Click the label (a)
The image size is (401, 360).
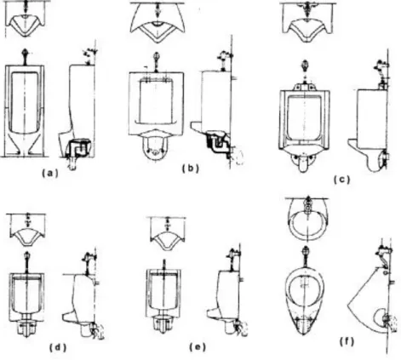tap(50, 173)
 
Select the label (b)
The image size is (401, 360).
tap(191, 169)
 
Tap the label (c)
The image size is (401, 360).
tap(341, 180)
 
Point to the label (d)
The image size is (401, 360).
tap(58, 347)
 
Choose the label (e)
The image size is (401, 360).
tap(198, 346)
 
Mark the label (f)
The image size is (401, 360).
tap(347, 342)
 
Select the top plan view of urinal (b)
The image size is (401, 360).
tap(158, 23)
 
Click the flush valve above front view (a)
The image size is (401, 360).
tap(26, 56)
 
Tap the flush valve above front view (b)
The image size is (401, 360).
tap(156, 61)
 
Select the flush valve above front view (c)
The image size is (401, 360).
tap(305, 67)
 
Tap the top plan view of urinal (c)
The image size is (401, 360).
tap(307, 23)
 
